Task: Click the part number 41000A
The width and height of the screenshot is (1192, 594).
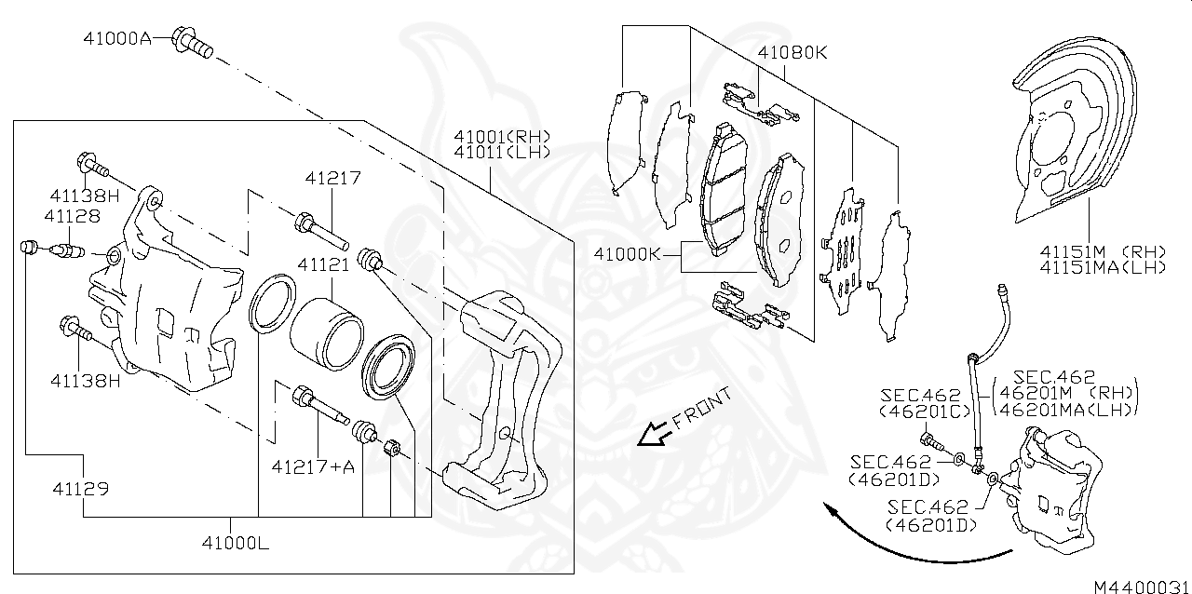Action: click(116, 39)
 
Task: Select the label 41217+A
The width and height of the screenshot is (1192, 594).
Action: click(313, 466)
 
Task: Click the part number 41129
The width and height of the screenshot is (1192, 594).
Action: click(81, 488)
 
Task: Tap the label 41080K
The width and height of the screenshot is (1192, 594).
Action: click(792, 53)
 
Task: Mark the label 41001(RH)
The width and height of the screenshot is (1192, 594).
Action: click(502, 136)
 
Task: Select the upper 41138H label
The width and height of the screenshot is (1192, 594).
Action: click(85, 196)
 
